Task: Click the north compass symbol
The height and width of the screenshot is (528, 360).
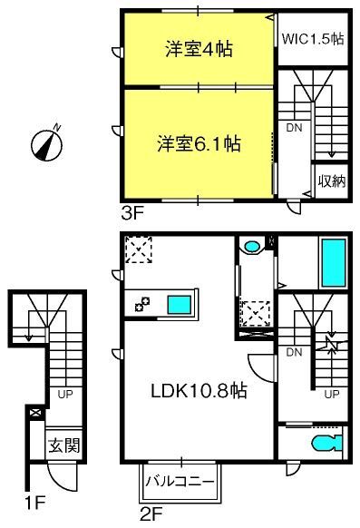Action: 46,145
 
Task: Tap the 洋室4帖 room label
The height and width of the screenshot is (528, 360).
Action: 199,49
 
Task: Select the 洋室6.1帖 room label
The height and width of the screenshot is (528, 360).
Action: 199,143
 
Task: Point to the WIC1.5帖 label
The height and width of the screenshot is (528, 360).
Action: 313,39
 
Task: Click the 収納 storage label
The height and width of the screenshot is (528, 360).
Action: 332,181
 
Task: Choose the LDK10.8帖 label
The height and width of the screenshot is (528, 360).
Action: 199,391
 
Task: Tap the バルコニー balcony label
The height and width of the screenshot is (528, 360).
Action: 180,481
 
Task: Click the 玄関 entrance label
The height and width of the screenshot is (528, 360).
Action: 63,445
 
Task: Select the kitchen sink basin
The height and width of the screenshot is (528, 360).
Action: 180,305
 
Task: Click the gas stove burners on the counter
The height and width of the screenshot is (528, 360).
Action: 142,304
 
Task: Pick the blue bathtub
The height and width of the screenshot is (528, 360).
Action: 334,263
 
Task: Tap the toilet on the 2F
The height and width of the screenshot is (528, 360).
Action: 326,443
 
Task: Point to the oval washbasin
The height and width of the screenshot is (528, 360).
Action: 252,247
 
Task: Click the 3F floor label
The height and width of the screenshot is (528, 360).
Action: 132,213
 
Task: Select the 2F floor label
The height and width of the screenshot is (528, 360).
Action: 151,514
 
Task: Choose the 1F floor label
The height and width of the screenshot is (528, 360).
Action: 35,503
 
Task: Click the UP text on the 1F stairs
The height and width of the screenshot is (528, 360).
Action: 65,394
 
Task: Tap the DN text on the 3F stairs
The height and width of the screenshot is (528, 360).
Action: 294,128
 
